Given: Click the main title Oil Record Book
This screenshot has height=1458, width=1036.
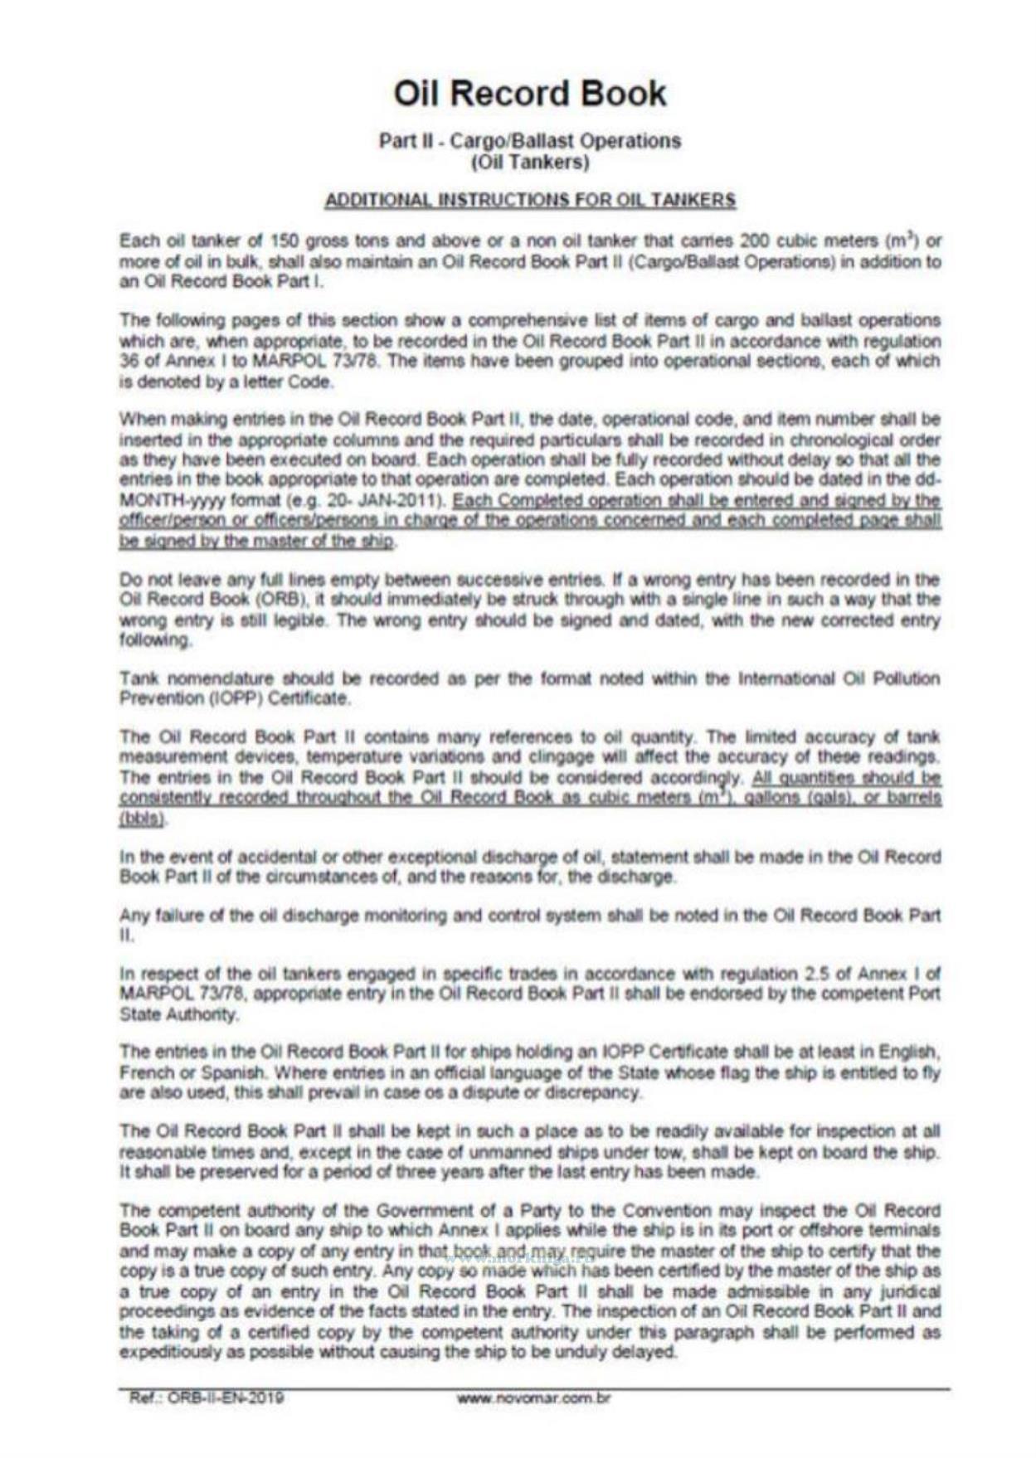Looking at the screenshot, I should pos(529,94).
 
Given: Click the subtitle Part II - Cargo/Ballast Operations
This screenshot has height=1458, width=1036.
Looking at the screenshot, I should pos(529,141).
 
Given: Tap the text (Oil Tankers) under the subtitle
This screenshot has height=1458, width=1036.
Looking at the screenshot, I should pos(529,162).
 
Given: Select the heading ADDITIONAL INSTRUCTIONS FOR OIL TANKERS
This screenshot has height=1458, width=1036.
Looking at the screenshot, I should pos(529,200).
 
